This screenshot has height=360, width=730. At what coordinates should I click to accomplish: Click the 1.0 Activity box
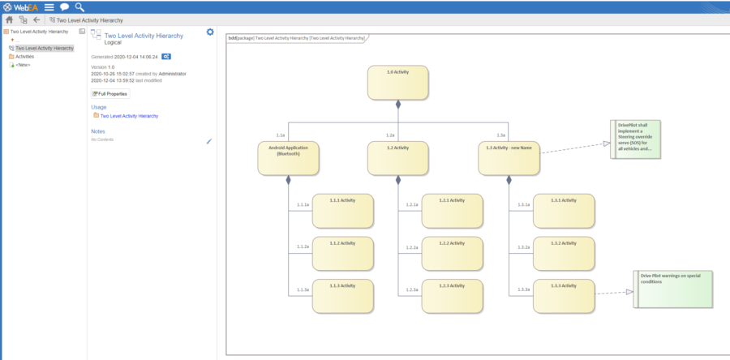click(397, 82)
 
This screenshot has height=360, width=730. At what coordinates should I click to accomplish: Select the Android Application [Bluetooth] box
click(288, 157)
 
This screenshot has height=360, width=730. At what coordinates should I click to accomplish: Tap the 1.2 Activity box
click(397, 157)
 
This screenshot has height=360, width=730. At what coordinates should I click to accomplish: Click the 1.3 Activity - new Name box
click(509, 157)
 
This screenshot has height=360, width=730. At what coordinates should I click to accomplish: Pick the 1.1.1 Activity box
click(343, 210)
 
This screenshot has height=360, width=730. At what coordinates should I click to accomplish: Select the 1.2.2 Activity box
click(452, 253)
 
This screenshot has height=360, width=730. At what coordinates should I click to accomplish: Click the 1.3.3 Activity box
click(563, 296)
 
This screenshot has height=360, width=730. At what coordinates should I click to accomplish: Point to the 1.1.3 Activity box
click(343, 296)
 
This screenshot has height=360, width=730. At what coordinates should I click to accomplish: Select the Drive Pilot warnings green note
click(672, 289)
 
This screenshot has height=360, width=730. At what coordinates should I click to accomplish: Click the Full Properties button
click(109, 94)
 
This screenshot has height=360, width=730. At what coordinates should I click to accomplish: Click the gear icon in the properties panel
click(210, 32)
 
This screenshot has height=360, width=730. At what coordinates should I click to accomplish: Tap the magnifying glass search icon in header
click(79, 6)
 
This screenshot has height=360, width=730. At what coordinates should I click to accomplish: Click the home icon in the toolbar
click(9, 19)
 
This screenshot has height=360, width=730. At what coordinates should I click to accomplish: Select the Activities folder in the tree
click(25, 57)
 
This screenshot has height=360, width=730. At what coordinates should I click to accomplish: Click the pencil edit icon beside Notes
click(209, 140)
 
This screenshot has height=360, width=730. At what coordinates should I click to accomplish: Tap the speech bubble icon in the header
click(64, 6)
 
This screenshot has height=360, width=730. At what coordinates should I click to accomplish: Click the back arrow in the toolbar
click(37, 19)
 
